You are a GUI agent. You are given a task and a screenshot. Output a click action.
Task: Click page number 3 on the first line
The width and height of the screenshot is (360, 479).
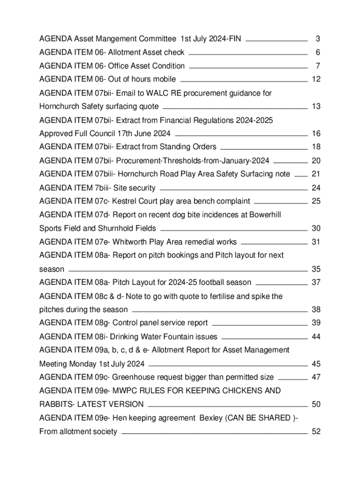pos(317,39)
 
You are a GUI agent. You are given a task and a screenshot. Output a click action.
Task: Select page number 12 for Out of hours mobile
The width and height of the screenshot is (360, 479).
pos(316,80)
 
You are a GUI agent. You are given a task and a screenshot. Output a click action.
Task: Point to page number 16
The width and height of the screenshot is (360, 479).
pos(316,134)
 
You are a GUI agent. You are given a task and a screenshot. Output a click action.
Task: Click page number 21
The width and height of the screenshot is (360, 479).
pos(316,174)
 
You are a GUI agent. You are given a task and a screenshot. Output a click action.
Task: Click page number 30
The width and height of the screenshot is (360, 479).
pos(316,229)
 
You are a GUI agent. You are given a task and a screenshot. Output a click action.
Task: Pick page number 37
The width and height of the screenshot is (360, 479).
pos(316,283)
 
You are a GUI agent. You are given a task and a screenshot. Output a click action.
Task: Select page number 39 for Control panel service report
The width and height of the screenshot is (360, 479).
pos(316,323)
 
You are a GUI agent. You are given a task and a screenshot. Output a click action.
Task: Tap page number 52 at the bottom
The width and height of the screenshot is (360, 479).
pos(316,432)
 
